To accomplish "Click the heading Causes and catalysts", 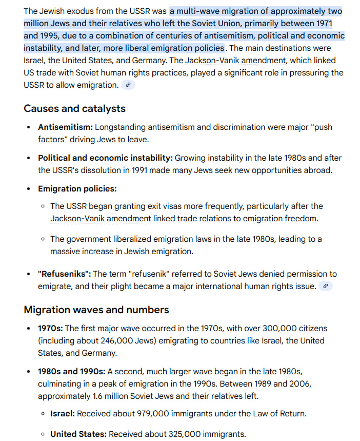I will (x=74, y=108).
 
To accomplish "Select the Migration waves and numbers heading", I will (x=96, y=310).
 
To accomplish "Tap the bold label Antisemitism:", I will (x=65, y=127).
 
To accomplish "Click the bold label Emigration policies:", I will (x=77, y=189).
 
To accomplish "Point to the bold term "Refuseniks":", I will (x=65, y=274).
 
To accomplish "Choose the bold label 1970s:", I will (x=50, y=328).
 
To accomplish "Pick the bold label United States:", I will (x=78, y=434).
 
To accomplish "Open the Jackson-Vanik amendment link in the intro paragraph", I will (x=235, y=60).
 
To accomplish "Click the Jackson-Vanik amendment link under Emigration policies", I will (x=101, y=219).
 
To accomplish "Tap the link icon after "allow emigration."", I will (x=128, y=85).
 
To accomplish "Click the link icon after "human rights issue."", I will (x=325, y=286).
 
